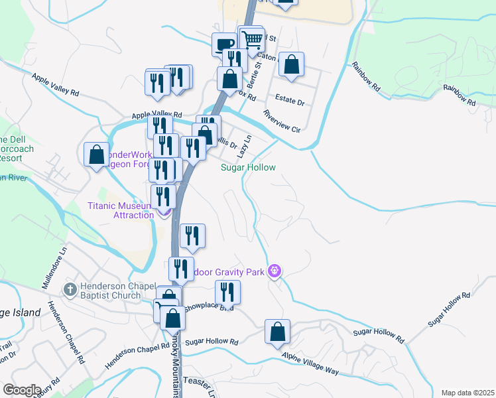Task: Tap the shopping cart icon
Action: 251,40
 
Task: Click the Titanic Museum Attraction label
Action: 121,210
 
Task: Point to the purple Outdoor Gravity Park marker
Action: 275,271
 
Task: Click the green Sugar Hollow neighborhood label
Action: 248,168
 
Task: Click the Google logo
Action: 22,390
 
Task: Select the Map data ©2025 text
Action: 467,393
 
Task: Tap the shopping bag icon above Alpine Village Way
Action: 278,331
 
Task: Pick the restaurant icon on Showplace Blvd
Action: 227,291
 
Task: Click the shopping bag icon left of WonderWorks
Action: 97,155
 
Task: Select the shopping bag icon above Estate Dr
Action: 291,64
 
